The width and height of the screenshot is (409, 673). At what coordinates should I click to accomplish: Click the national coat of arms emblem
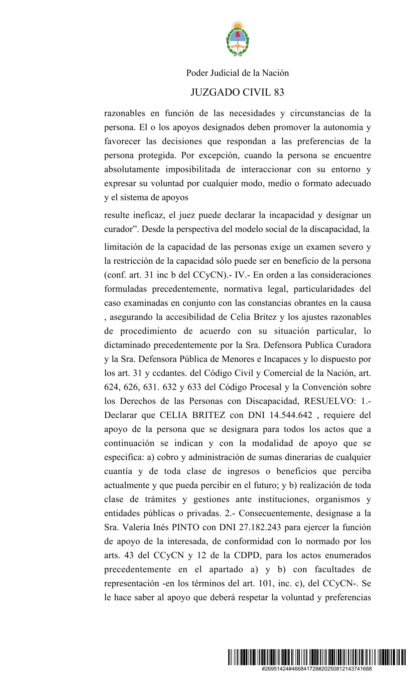click(238, 39)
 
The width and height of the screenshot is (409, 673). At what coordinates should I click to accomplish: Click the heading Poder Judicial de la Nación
click(237, 73)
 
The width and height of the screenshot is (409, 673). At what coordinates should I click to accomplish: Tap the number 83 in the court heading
click(279, 92)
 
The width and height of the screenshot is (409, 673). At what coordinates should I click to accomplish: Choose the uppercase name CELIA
click(173, 415)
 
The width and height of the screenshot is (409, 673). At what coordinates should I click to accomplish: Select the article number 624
click(111, 387)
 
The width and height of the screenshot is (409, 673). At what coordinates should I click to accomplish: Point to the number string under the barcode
click(316, 669)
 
